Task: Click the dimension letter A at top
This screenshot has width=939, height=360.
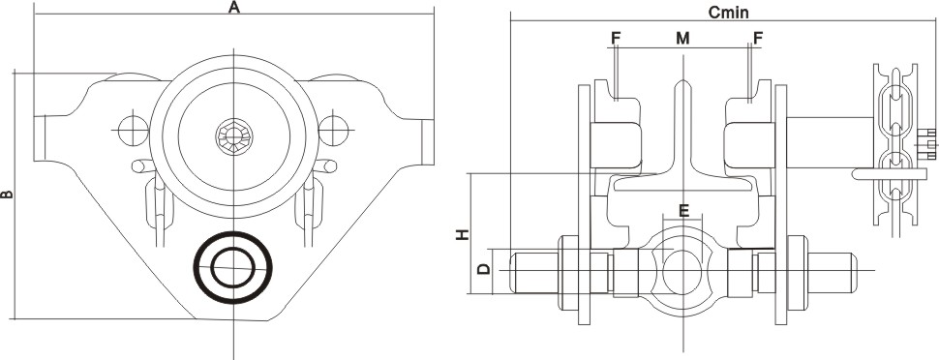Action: point(234,7)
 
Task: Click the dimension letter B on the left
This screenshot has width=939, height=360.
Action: point(7,195)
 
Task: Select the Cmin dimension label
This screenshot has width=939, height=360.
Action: point(728,12)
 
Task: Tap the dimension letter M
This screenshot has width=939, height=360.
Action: point(682,39)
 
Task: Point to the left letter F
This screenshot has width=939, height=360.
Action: point(617,39)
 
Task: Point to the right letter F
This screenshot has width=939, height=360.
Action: point(758,39)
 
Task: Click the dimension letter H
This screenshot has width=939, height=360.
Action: point(462,234)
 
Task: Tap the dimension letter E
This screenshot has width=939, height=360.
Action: point(683,210)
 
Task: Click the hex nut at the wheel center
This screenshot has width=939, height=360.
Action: point(233,135)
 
